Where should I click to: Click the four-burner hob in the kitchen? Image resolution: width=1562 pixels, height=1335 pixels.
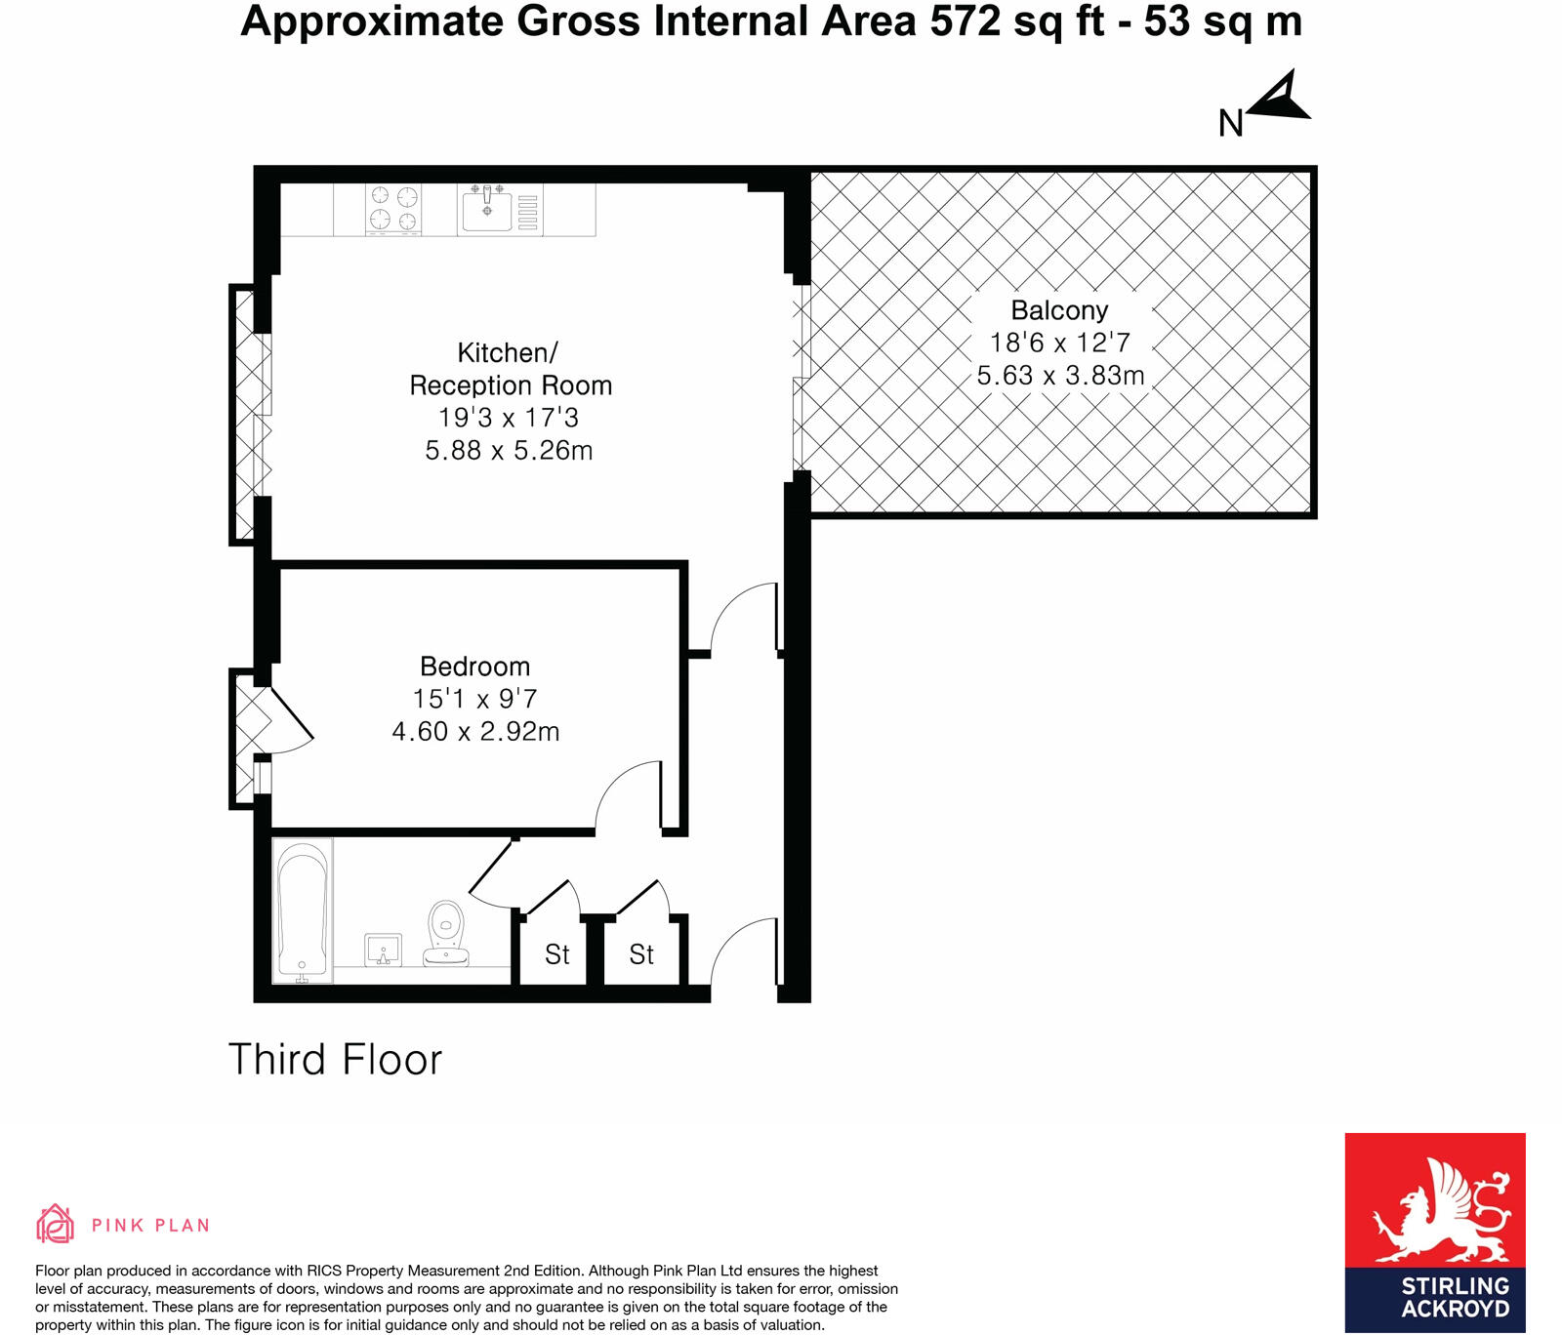tap(393, 209)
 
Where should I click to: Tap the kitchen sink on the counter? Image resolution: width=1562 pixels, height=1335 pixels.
tap(487, 209)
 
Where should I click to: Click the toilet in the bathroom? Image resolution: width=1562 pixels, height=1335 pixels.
tap(446, 932)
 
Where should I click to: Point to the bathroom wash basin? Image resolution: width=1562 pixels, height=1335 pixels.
tap(383, 949)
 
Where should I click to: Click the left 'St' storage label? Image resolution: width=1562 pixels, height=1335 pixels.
tap(556, 954)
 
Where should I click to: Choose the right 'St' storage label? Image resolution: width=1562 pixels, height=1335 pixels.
tap(641, 954)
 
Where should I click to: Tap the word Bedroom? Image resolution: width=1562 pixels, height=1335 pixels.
tap(474, 667)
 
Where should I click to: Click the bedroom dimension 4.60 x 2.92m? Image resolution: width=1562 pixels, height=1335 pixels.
tap(475, 732)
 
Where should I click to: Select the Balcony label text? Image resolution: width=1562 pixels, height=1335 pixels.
tap(1059, 310)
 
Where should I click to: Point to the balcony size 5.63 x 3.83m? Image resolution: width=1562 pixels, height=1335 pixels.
tap(1060, 376)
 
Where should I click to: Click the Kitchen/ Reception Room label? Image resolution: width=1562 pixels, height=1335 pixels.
tap(510, 369)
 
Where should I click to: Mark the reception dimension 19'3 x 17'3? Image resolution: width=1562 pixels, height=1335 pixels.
tap(508, 418)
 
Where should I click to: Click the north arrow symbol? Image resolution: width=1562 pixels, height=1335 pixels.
tap(1281, 98)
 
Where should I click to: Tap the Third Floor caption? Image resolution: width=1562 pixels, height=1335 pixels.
tap(335, 1060)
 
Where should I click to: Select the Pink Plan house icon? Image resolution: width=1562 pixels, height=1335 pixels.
tap(55, 1224)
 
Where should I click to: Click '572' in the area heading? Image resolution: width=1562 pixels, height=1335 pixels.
tap(965, 21)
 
